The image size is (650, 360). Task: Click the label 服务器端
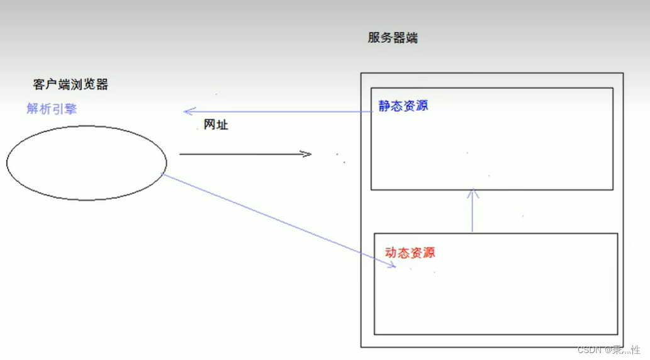click(393, 38)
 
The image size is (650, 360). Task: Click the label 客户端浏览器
click(75, 84)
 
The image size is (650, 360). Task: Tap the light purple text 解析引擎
click(52, 108)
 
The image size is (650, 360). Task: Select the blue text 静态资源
click(403, 106)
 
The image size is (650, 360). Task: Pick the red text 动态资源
click(410, 253)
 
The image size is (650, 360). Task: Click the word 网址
click(216, 125)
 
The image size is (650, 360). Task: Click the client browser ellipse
click(86, 163)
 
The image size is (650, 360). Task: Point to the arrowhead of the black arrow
click(308, 154)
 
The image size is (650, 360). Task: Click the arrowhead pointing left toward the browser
click(187, 111)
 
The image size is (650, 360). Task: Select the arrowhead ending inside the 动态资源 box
click(392, 266)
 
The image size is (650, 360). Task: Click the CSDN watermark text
click(608, 349)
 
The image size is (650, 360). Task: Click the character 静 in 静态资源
click(384, 106)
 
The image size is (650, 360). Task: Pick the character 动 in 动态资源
click(391, 253)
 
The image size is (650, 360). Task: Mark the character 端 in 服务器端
click(412, 38)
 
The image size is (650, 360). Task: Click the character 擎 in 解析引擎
click(70, 108)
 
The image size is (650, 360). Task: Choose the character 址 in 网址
click(222, 125)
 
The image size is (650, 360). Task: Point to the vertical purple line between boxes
click(473, 214)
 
